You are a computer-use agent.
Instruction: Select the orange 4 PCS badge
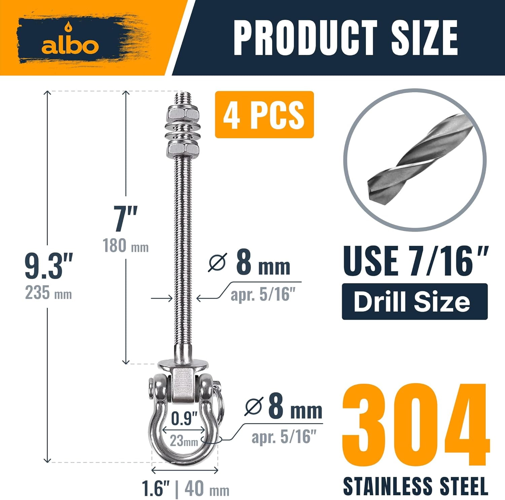pyautogui.click(x=264, y=114)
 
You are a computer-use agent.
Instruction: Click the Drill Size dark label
pyautogui.click(x=414, y=301)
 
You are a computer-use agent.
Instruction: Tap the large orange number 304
pyautogui.click(x=415, y=426)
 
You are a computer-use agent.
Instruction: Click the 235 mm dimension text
pyautogui.click(x=48, y=293)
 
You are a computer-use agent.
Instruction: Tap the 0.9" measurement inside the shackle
pyautogui.click(x=184, y=419)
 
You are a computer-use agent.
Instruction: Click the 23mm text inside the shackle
pyautogui.click(x=184, y=440)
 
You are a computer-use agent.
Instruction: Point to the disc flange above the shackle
pyautogui.click(x=184, y=363)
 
